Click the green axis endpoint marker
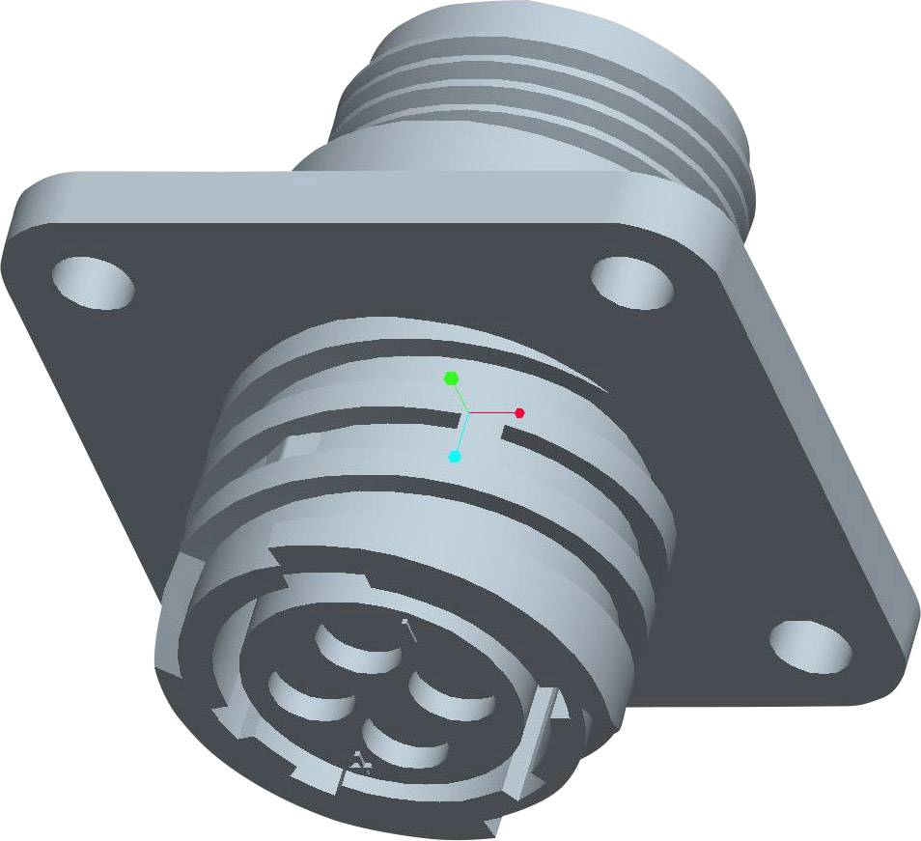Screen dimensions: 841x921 (451, 378)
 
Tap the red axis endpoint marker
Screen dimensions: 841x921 (519, 412)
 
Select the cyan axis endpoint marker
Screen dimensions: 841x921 (455, 456)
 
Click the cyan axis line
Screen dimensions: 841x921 (461, 435)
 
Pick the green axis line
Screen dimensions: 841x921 (460, 396)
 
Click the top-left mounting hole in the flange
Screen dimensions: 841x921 (93, 283)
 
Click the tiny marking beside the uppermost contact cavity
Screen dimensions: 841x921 (409, 630)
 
